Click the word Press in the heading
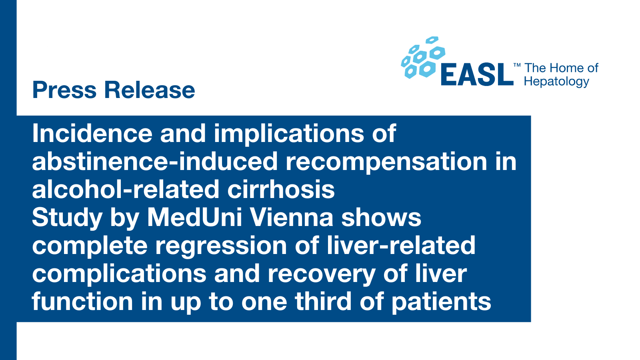point(64,90)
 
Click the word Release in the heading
point(150,90)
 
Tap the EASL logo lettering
point(477,74)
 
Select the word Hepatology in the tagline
point(556,82)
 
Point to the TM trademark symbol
point(517,66)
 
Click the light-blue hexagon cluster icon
point(423,58)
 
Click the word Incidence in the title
point(92,134)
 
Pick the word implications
point(289,134)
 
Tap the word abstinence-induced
point(154,162)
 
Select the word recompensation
point(386,162)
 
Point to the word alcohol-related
point(126,189)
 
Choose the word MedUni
point(194,218)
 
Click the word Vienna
point(292,218)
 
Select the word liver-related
point(401,246)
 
